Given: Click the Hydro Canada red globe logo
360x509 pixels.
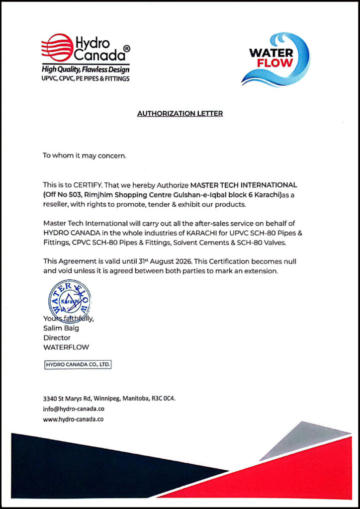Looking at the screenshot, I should pos(57,47).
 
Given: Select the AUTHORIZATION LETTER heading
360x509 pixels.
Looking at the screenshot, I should pos(180,113).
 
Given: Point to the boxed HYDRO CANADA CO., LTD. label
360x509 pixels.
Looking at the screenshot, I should pos(78,365).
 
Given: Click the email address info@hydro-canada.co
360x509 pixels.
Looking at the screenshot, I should pos(74,409).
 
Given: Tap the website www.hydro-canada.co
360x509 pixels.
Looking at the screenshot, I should pos(73,419).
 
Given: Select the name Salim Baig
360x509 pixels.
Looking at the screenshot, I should pos(61,328).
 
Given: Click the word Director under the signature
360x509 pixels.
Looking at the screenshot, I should pos(57,338).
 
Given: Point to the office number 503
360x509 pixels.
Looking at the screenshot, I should pos(74,194).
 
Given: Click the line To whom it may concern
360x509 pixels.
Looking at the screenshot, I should pos(85,156).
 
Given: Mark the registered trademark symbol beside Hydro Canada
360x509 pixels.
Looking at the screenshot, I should pos(127,49).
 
